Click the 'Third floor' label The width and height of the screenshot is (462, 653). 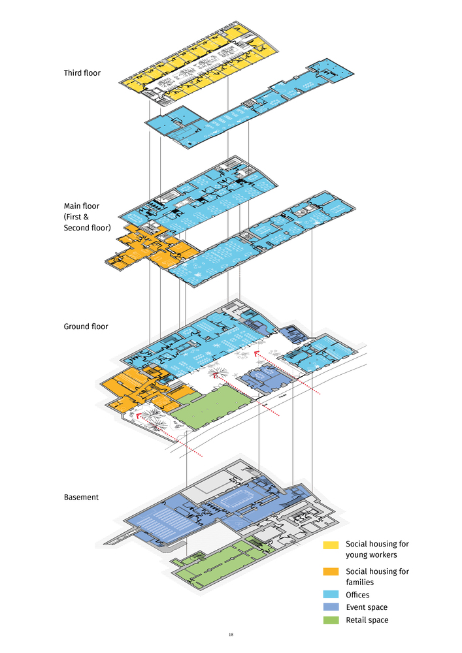tap(82, 73)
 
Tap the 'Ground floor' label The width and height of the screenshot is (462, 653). tap(86, 326)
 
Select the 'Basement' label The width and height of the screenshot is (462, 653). tap(81, 497)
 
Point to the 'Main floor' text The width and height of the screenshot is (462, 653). tap(82, 206)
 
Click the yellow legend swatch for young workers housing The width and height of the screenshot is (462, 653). tap(331, 545)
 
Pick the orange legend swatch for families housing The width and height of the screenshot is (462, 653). tap(331, 572)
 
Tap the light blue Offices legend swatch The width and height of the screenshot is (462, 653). tap(331, 595)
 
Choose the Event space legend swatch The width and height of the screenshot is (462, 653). tap(331, 607)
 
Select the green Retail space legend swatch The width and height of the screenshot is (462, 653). tap(331, 620)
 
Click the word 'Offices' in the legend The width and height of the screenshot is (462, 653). tap(357, 595)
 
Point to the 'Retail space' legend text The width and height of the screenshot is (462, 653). tap(367, 620)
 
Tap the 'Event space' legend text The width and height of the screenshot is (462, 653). tap(367, 607)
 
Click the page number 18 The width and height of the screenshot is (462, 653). tap(231, 635)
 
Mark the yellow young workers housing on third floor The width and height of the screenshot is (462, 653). tap(196, 58)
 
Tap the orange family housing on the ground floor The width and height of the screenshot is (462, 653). tap(142, 391)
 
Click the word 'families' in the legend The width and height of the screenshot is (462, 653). tap(359, 582)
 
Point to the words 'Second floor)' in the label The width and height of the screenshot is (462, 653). tap(87, 228)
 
